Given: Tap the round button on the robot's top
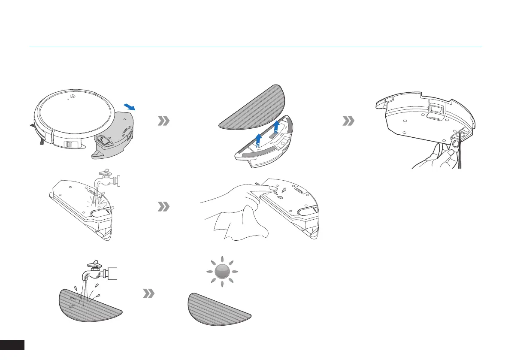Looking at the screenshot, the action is tap(73, 97).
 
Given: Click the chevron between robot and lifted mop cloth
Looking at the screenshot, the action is tap(163, 122).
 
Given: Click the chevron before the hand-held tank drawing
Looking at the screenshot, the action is tap(348, 122).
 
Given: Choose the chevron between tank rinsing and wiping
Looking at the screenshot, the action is tap(163, 207).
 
